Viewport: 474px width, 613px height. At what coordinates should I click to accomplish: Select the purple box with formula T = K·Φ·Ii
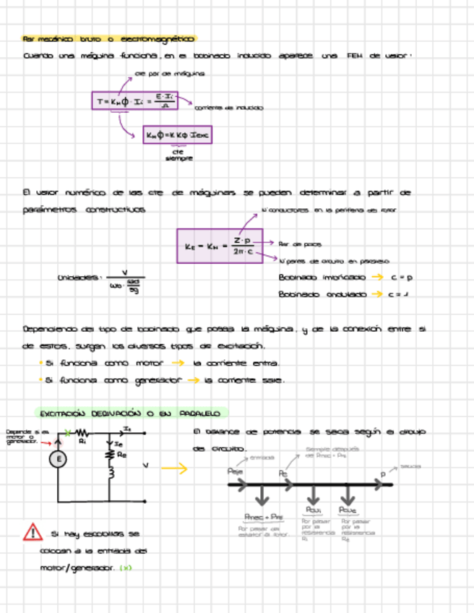(134, 100)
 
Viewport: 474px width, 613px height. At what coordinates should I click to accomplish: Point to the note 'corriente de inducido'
(229, 108)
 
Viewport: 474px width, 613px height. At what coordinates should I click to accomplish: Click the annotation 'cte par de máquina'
(170, 74)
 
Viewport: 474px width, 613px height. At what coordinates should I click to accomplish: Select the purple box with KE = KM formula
(218, 246)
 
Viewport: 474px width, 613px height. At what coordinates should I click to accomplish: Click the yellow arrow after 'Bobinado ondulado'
(375, 294)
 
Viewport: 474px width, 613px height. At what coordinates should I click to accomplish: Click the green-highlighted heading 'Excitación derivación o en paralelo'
(131, 413)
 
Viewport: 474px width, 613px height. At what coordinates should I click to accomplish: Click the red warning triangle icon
(33, 532)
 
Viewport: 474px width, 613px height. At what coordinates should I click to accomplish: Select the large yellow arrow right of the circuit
(174, 469)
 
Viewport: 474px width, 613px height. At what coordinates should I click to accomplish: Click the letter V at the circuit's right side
(146, 466)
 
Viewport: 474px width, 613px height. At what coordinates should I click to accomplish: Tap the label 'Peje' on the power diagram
(235, 471)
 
